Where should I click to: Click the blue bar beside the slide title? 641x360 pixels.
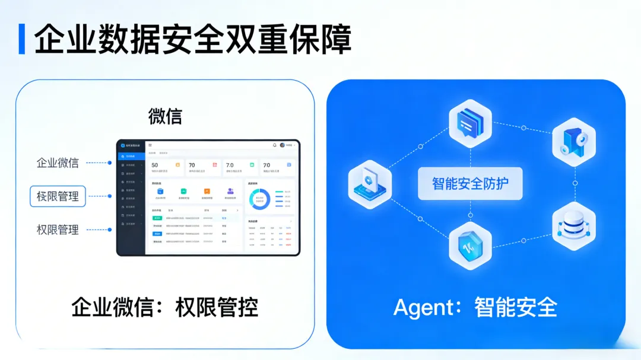22,39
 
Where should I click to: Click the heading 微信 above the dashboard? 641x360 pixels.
165,116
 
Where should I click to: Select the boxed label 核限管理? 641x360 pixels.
58,196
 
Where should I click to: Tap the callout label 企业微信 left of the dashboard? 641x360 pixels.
58,163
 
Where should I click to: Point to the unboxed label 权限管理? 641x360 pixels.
58,230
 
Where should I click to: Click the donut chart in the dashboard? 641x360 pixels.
259,199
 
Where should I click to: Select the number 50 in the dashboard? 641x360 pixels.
155,165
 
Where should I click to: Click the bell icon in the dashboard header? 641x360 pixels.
274,145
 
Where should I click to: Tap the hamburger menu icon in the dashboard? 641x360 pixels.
150,145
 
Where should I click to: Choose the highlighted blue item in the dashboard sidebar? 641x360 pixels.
131,156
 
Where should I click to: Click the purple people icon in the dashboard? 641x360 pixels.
230,191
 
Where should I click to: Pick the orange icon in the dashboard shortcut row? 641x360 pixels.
207,191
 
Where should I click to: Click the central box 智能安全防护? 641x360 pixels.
470,183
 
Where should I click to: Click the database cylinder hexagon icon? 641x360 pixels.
573,226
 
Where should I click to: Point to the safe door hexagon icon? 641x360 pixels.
573,142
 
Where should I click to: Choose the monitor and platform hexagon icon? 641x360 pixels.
370,184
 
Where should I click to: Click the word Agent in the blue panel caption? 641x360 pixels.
423,307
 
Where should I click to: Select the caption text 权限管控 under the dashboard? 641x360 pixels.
217,307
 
